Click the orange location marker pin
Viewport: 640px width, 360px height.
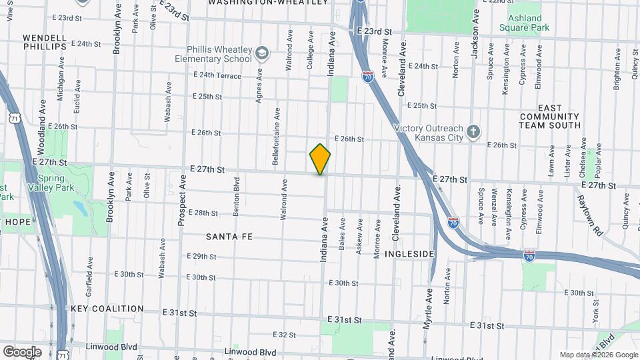pyautogui.click(x=320, y=159)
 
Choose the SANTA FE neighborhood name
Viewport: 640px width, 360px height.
pyautogui.click(x=229, y=237)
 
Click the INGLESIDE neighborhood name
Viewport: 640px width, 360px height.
pyautogui.click(x=412, y=254)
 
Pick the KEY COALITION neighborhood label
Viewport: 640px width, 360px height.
pyautogui.click(x=107, y=309)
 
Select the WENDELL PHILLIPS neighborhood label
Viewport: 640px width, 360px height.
pyautogui.click(x=45, y=42)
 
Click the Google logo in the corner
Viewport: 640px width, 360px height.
pyautogui.click(x=22, y=351)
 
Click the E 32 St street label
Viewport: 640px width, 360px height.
pyautogui.click(x=284, y=335)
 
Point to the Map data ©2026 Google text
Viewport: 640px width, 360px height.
pyautogui.click(x=599, y=355)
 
